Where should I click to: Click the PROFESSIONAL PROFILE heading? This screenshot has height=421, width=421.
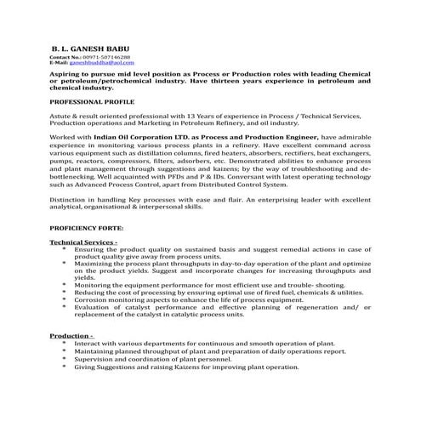coord(90,101)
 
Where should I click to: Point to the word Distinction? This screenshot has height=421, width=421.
coord(69,198)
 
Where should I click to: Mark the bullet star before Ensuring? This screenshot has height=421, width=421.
coord(65,250)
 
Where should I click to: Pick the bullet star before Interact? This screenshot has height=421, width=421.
coord(65,343)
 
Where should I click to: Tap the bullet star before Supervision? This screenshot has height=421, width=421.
coord(65,359)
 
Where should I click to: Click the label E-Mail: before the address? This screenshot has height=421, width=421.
coord(59,63)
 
